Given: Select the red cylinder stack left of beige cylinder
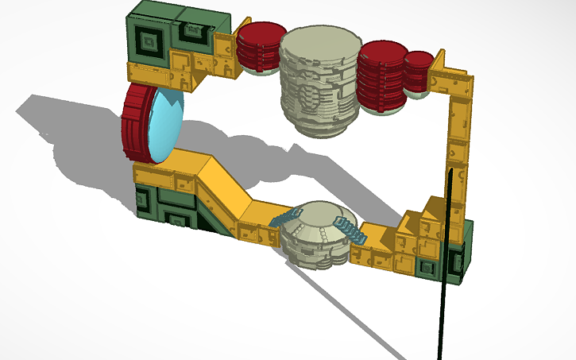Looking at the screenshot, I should coord(261,48).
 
